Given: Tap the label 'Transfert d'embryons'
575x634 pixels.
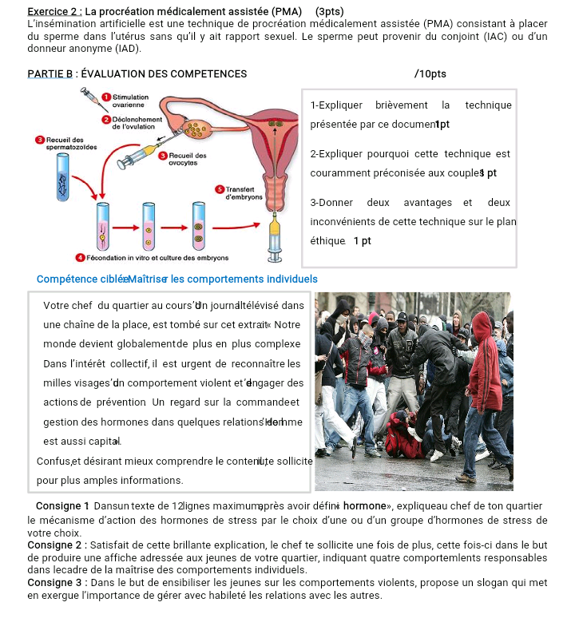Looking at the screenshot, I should [x=244, y=192].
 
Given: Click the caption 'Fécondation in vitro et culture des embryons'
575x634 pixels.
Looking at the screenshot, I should [x=157, y=258].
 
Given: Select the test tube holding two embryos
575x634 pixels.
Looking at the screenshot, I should [x=199, y=228].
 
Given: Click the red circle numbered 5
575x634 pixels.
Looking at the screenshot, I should [x=220, y=188].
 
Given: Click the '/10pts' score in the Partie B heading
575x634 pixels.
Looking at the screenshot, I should [x=430, y=74].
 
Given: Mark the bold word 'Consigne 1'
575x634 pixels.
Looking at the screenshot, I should [x=63, y=506].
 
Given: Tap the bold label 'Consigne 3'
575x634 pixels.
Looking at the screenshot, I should [x=54, y=582].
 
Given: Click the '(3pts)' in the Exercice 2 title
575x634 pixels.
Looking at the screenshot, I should [x=330, y=12].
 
